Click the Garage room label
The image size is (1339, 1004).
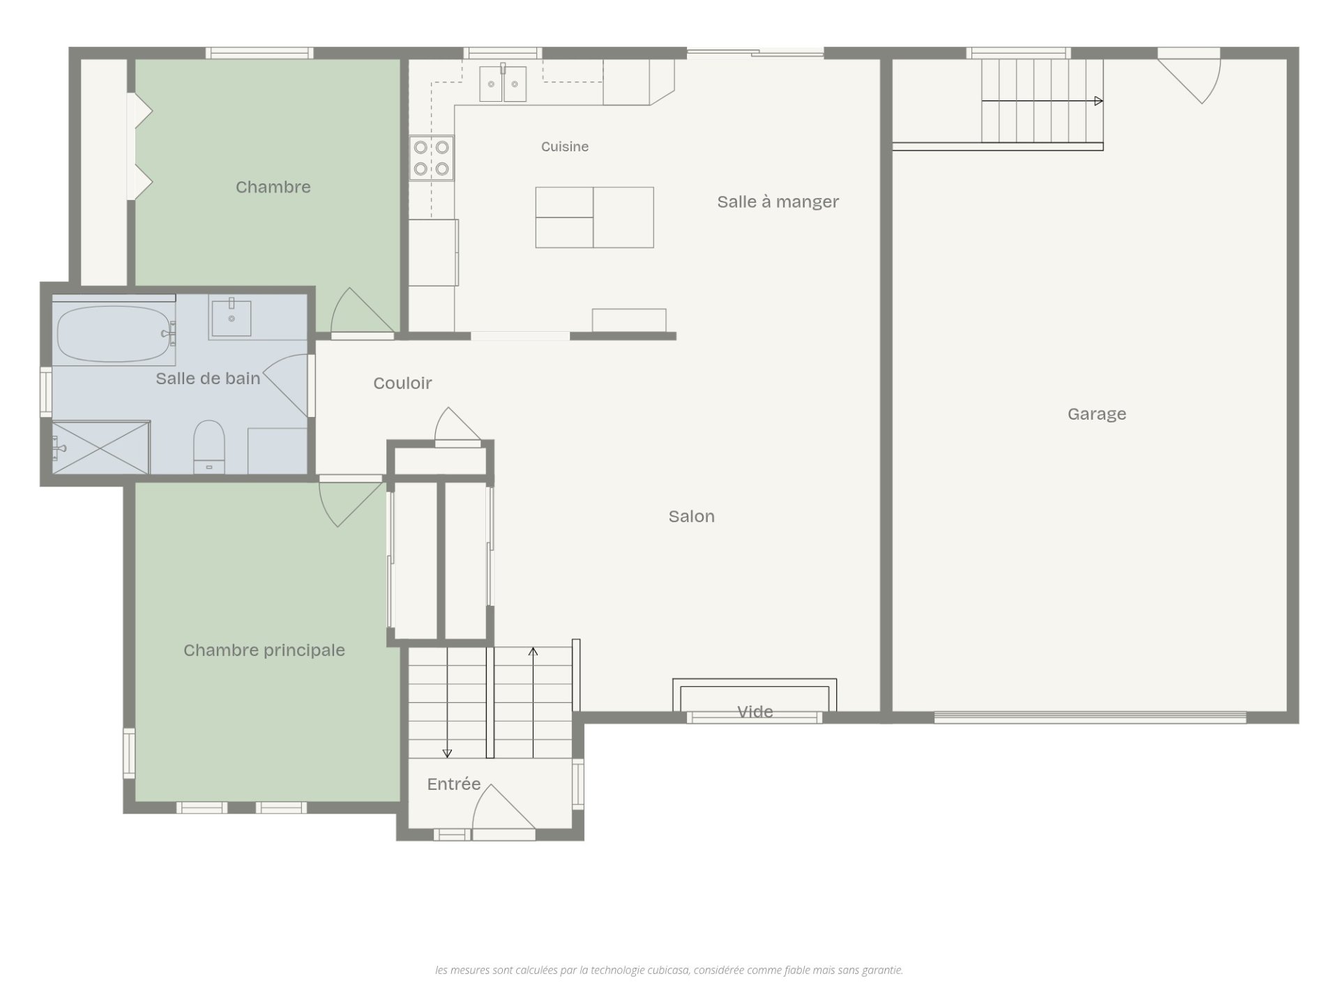click(x=1096, y=414)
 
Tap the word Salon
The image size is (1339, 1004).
click(x=691, y=517)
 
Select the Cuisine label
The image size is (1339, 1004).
click(x=565, y=146)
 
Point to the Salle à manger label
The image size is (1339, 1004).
click(x=778, y=201)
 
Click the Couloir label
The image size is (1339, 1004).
click(x=402, y=383)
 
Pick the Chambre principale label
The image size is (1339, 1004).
click(x=264, y=651)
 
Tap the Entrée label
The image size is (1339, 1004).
click(x=454, y=784)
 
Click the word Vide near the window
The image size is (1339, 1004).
click(x=755, y=712)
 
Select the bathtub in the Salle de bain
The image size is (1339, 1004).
click(x=113, y=334)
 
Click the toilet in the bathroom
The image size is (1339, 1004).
click(x=209, y=447)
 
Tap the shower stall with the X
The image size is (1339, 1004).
click(x=101, y=448)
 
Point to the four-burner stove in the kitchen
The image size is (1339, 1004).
click(x=432, y=158)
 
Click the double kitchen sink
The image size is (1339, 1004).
click(x=503, y=84)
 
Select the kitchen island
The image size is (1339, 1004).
click(x=594, y=218)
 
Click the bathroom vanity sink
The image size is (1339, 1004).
click(x=232, y=318)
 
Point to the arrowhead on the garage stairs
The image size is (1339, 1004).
click(x=1098, y=101)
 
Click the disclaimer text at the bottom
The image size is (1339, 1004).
click(x=669, y=970)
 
